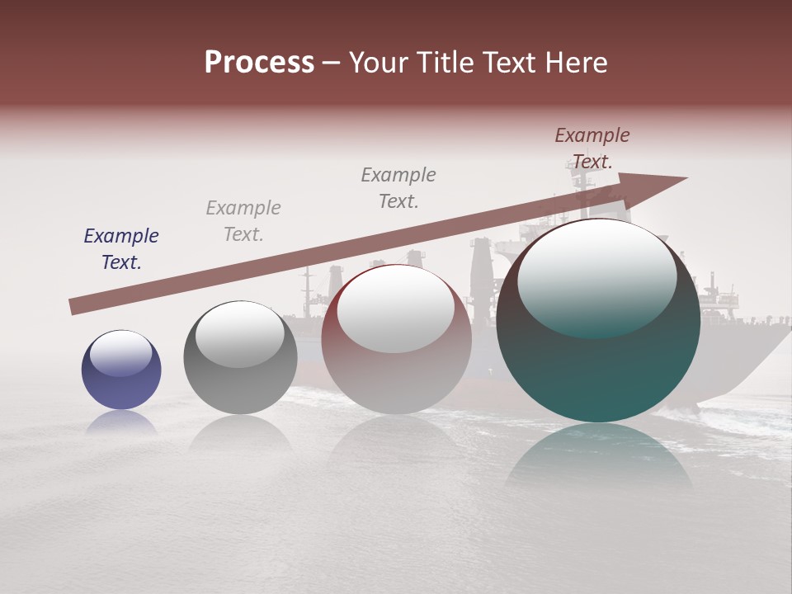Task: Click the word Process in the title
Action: tap(259, 63)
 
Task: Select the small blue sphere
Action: tap(121, 370)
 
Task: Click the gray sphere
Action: tap(240, 358)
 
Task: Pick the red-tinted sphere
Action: tap(396, 339)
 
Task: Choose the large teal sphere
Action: tap(598, 321)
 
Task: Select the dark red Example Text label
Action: tap(592, 148)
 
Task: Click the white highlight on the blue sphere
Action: tap(120, 353)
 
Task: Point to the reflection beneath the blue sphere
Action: tap(121, 422)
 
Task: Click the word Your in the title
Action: tap(377, 63)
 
